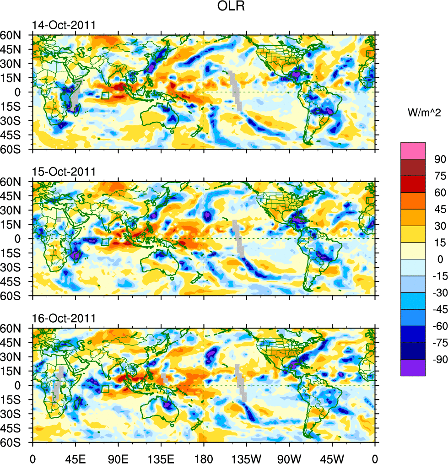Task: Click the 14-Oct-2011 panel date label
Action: (64, 25)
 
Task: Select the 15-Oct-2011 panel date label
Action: (64, 172)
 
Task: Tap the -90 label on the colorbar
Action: (438, 359)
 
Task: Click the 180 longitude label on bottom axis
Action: (204, 458)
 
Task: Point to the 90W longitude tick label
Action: (289, 458)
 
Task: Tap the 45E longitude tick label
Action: (76, 458)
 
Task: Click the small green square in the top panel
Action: (105, 96)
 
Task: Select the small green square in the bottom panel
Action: (105, 389)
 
